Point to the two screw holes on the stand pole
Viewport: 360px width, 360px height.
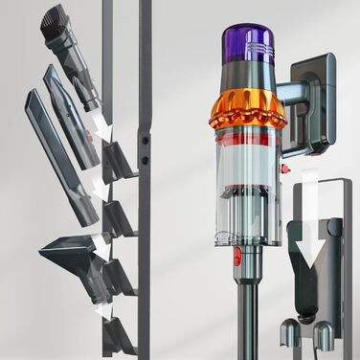point(145,144)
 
